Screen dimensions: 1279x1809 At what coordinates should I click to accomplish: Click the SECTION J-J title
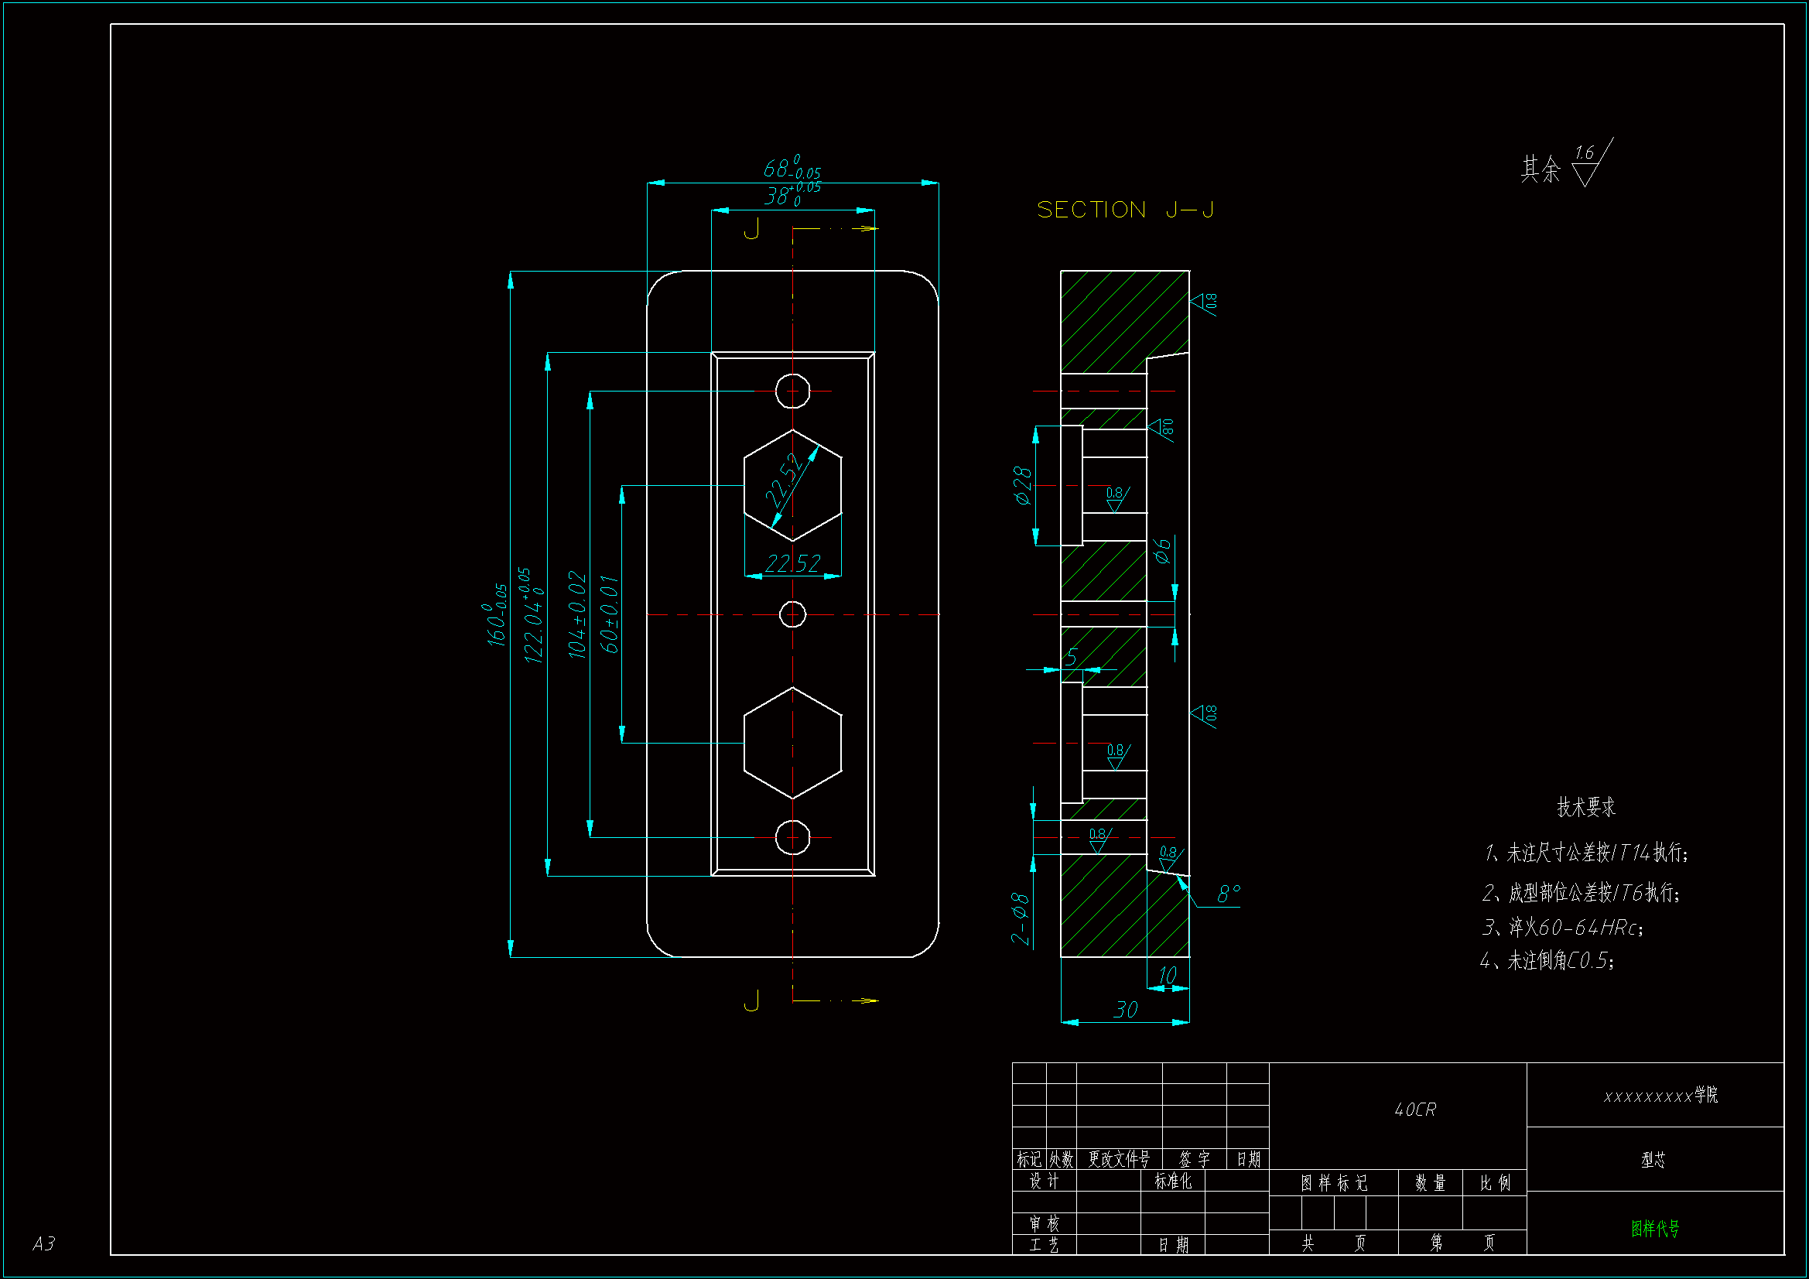(x=1124, y=210)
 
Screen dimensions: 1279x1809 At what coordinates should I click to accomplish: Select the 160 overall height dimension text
(x=497, y=614)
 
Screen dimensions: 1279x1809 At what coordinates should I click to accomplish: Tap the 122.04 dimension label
(x=533, y=615)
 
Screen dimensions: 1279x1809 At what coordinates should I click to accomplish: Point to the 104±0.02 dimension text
(x=577, y=615)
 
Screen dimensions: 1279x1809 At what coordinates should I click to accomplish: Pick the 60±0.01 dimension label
(x=609, y=614)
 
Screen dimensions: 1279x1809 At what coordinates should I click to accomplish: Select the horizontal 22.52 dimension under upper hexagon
(x=792, y=563)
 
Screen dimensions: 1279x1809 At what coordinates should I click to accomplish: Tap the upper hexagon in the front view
(x=792, y=485)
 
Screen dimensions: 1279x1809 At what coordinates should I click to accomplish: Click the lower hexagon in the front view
(x=792, y=742)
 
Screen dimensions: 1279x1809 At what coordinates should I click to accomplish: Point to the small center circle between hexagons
(x=792, y=614)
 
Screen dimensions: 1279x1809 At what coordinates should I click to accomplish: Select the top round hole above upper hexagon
(x=792, y=391)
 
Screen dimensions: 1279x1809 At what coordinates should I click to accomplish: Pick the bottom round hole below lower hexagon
(x=792, y=837)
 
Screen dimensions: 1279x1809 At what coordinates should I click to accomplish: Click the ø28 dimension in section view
(x=1022, y=485)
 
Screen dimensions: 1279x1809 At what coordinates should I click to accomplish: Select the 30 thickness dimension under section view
(x=1125, y=1010)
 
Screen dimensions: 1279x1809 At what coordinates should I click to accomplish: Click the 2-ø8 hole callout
(x=1020, y=918)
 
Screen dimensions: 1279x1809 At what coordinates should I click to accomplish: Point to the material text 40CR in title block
(x=1415, y=1110)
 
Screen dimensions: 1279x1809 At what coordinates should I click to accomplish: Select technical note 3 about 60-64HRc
(x=1562, y=928)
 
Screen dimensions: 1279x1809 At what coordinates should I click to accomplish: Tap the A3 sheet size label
(x=44, y=1243)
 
